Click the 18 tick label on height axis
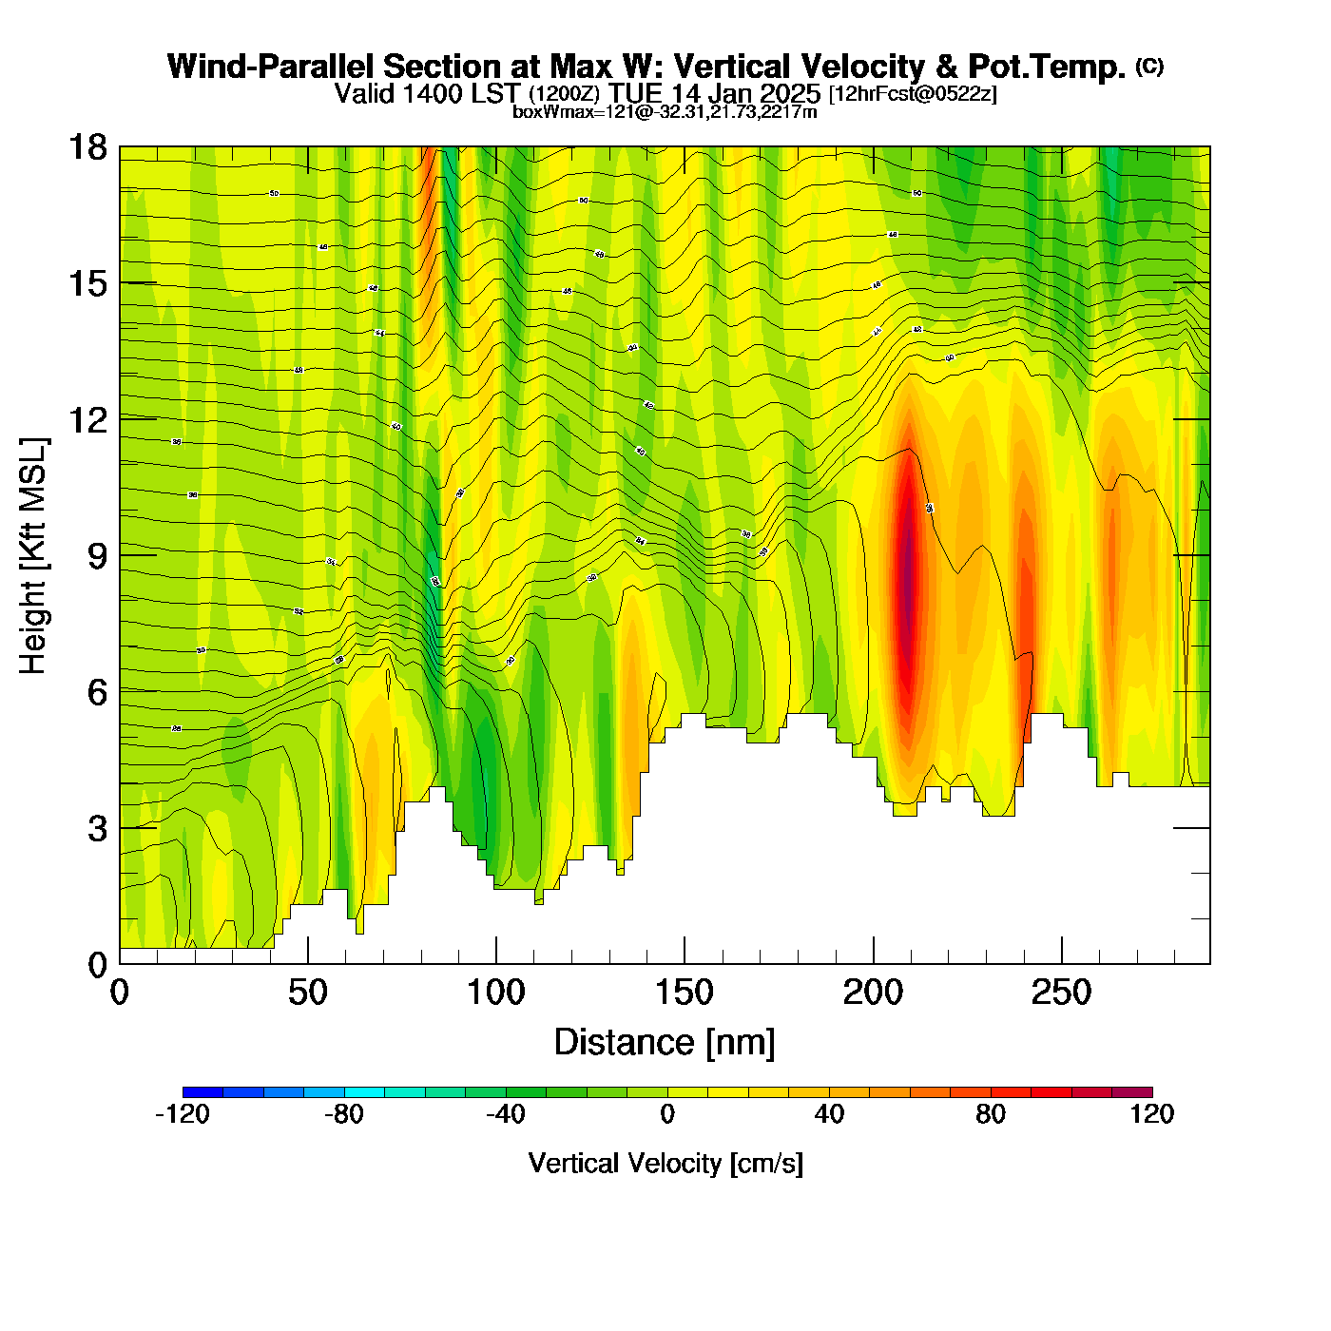[87, 147]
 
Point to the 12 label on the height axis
[87, 419]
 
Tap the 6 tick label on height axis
[97, 692]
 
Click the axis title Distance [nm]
[665, 1043]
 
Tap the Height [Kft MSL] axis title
[33, 556]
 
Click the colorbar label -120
[182, 1114]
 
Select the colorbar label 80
[991, 1114]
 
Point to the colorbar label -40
[505, 1114]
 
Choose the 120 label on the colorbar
[1152, 1114]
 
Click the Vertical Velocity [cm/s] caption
[665, 1163]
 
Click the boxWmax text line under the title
[665, 111]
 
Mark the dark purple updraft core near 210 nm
[908, 570]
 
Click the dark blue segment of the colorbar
[203, 1092]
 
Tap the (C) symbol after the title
[1149, 66]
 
